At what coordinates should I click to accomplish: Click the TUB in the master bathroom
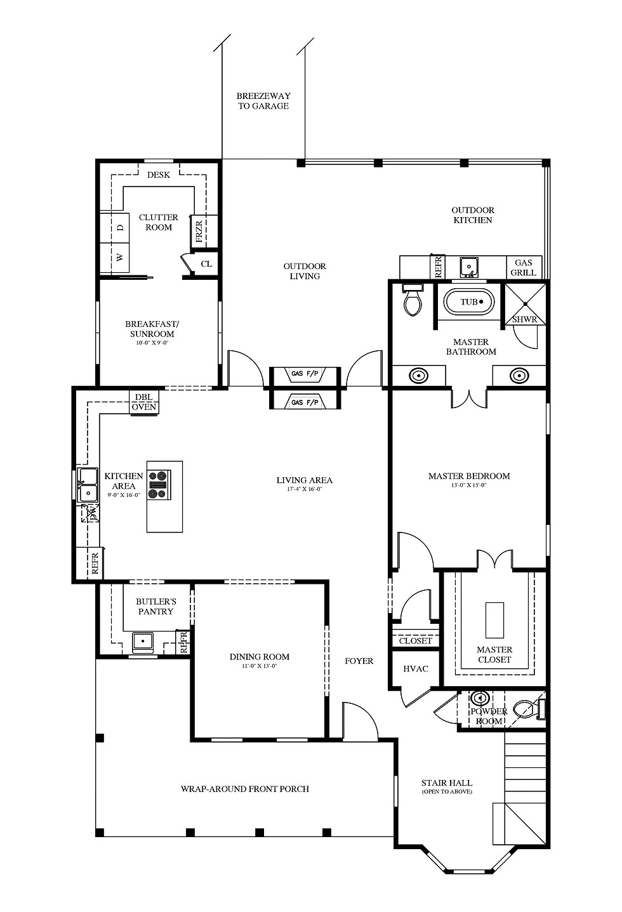click(x=468, y=302)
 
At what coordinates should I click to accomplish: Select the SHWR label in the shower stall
click(x=525, y=320)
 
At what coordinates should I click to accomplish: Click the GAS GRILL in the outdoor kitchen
click(x=524, y=267)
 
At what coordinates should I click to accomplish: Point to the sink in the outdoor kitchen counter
click(x=469, y=267)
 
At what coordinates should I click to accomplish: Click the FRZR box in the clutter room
click(x=199, y=231)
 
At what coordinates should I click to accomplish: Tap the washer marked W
click(x=115, y=258)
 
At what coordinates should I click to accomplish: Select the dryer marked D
click(x=115, y=227)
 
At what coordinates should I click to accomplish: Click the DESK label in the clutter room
click(x=158, y=175)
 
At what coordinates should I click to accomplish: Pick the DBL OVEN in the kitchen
click(x=144, y=402)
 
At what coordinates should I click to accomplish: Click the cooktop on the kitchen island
click(x=159, y=484)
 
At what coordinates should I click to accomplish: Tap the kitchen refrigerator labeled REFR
click(x=94, y=563)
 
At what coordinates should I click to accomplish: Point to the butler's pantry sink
click(x=142, y=641)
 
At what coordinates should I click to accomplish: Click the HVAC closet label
click(x=416, y=669)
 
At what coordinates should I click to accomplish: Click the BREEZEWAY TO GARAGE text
click(x=263, y=101)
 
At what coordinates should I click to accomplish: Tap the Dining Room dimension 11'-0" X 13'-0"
click(x=260, y=666)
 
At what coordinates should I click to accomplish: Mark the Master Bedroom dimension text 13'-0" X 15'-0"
click(x=469, y=485)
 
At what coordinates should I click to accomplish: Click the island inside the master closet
click(x=494, y=620)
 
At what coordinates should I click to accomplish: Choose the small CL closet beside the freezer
click(x=206, y=264)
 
